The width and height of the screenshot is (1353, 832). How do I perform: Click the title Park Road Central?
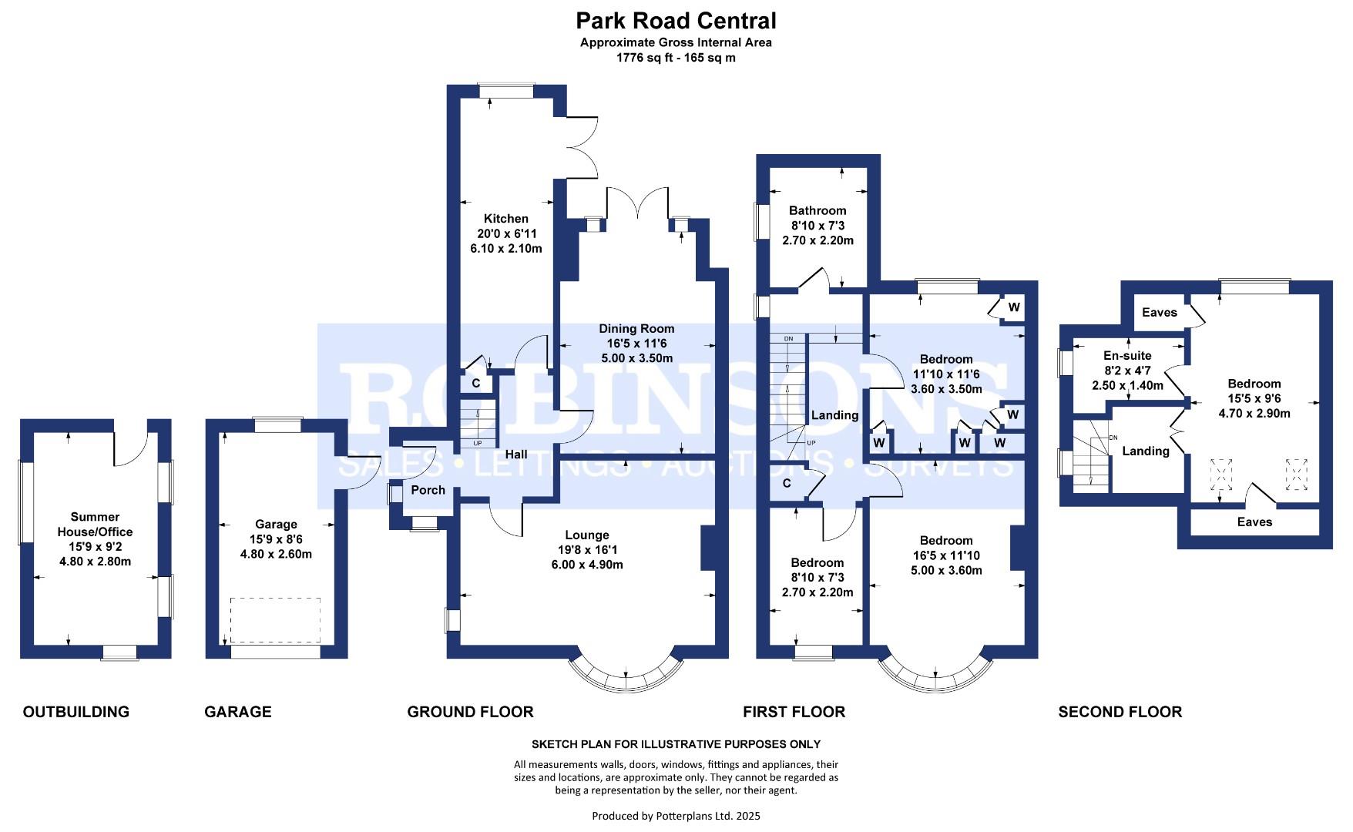point(676,20)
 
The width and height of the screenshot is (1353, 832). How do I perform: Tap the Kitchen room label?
point(506,219)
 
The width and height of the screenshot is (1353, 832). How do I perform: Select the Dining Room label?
point(637,328)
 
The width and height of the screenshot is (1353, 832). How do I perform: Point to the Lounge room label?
point(587,535)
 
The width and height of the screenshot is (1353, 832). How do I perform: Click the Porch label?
point(428,490)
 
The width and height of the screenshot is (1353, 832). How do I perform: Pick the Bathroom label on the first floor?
point(818,210)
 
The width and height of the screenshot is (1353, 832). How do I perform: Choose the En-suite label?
point(1127,356)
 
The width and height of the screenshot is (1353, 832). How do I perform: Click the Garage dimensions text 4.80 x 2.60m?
point(276,555)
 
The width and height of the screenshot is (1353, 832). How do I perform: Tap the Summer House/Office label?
point(95,525)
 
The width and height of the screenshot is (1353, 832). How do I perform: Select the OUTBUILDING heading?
point(76,712)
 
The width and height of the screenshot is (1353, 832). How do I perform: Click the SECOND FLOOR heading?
point(1120,712)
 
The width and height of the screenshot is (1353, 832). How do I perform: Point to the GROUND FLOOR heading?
point(470,712)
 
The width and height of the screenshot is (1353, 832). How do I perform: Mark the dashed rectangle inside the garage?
point(275,620)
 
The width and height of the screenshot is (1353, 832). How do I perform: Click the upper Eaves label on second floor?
point(1160,312)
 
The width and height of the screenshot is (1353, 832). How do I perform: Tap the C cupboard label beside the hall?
point(476,383)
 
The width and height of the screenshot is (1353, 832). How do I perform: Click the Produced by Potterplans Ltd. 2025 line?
point(676,815)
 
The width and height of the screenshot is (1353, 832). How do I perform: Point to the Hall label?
point(516,455)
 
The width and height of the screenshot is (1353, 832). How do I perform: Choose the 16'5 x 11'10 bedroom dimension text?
point(945,555)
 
